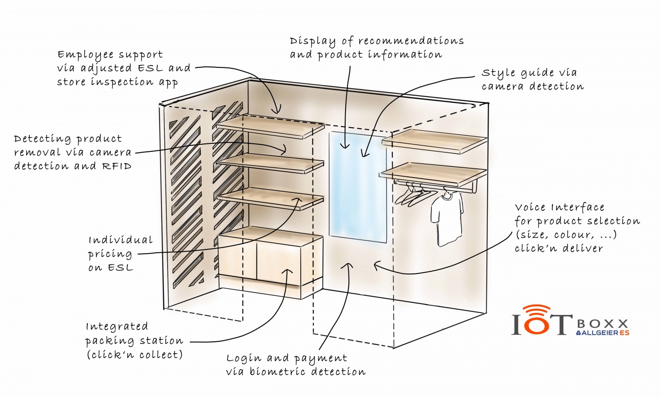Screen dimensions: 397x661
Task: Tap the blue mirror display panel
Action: point(357,185)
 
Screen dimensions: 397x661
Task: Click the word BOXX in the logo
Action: point(603,323)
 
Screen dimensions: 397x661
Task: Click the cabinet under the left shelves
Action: point(270,259)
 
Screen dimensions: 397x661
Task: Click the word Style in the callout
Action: point(498,74)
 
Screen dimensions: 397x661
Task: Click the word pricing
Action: point(103,254)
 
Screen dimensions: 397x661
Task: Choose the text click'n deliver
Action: point(559,248)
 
